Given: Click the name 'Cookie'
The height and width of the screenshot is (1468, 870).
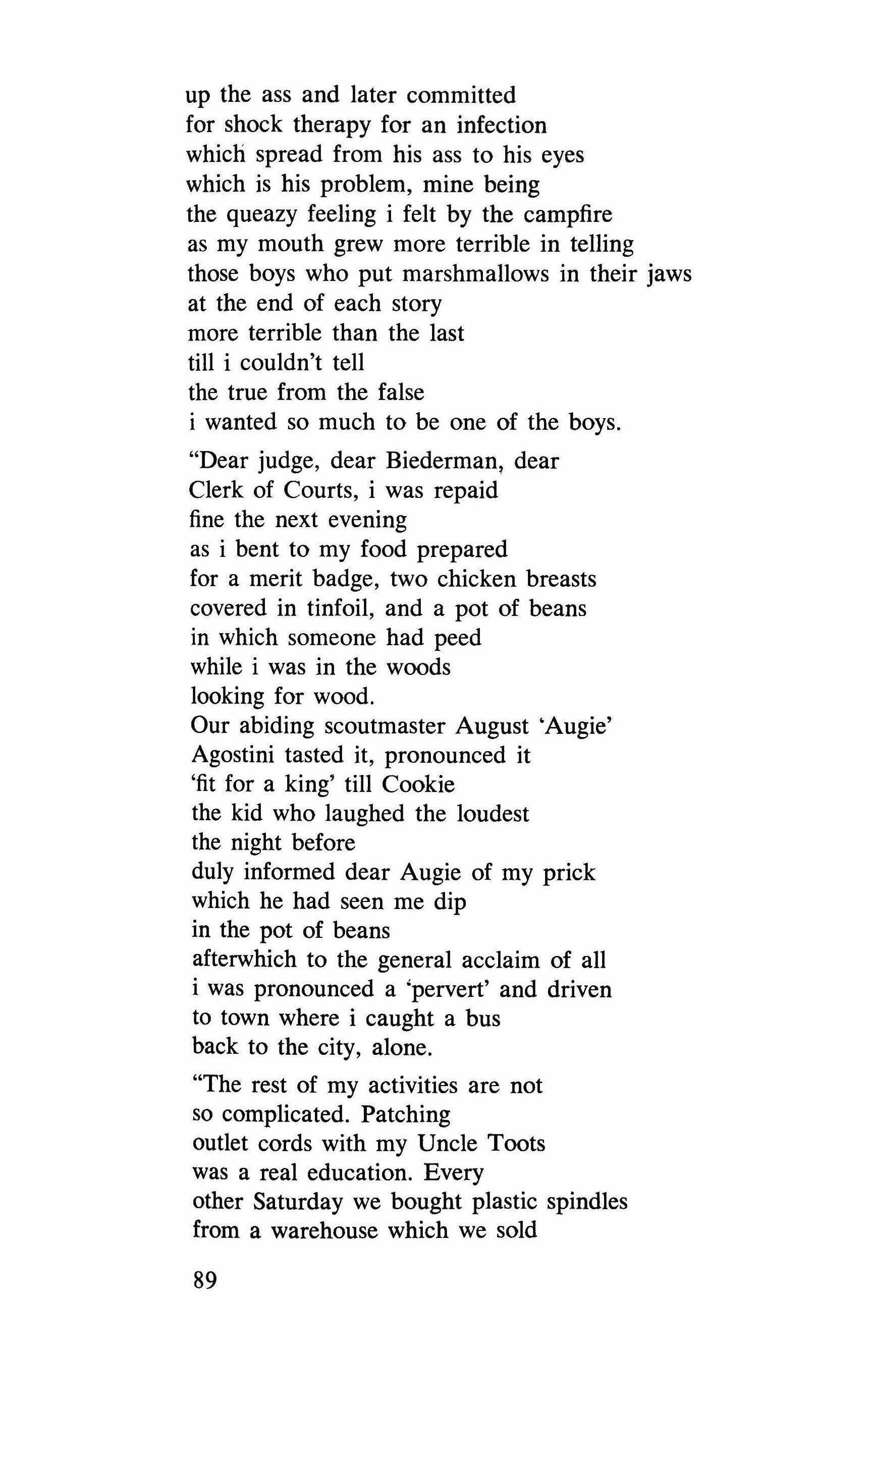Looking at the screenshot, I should click(418, 784).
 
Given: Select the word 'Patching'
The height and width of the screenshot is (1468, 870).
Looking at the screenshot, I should click(405, 1114).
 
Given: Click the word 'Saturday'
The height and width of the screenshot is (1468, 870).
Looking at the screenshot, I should click(298, 1202).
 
